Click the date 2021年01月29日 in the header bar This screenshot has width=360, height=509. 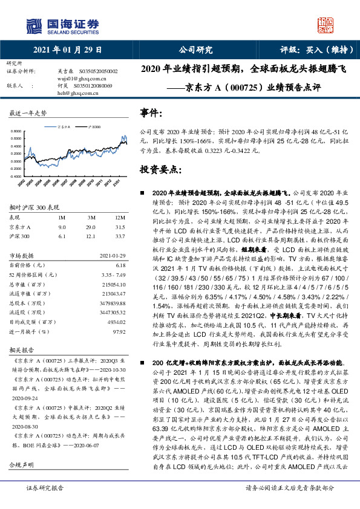pyautogui.click(x=68, y=50)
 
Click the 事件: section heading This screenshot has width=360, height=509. pyautogui.click(x=152, y=113)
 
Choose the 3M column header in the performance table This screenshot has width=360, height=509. pyautogui.click(x=91, y=217)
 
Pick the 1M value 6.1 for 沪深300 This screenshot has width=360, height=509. pyautogui.click(x=62, y=236)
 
